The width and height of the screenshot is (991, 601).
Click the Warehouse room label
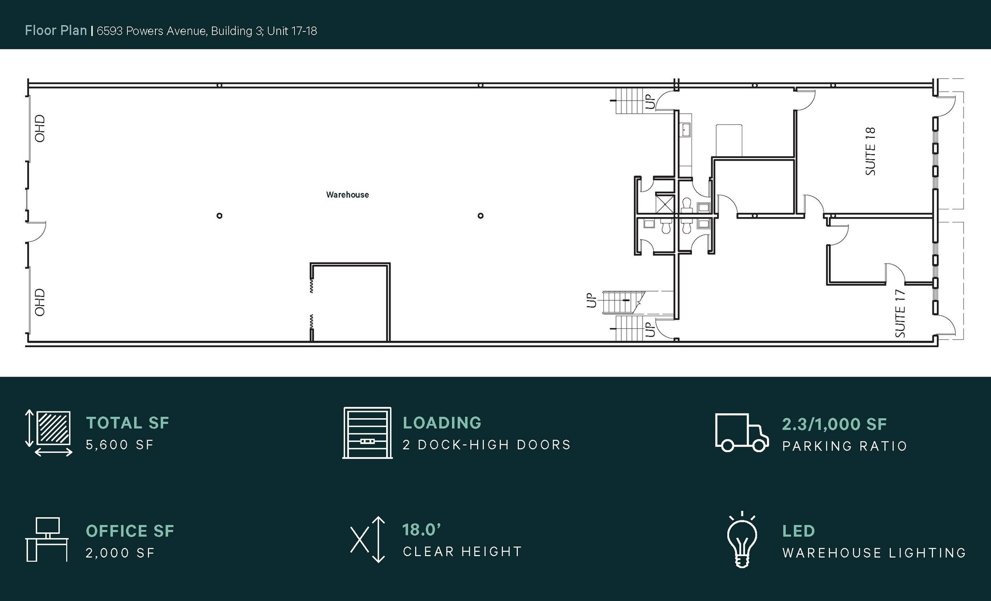click(347, 195)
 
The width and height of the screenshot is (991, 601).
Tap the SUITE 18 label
click(871, 151)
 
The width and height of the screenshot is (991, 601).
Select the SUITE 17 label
click(901, 313)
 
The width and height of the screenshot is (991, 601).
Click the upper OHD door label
click(40, 128)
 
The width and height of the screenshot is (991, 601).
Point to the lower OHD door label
click(40, 302)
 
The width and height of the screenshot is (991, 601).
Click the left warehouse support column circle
click(219, 216)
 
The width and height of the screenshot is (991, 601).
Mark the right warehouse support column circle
click(480, 216)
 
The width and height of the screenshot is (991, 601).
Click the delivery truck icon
click(741, 433)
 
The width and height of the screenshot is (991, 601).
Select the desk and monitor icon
click(46, 540)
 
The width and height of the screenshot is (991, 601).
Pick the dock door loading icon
click(367, 433)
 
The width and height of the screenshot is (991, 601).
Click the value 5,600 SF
click(120, 445)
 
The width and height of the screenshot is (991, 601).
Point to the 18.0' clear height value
click(421, 530)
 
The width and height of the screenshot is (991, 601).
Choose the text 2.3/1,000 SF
click(834, 424)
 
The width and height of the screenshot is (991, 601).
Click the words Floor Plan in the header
click(56, 30)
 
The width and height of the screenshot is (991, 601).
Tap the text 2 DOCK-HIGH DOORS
click(487, 445)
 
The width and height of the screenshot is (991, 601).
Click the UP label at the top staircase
click(650, 102)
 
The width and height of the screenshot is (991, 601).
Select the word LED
click(798, 531)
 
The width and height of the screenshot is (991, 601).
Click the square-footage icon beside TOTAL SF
click(49, 433)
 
